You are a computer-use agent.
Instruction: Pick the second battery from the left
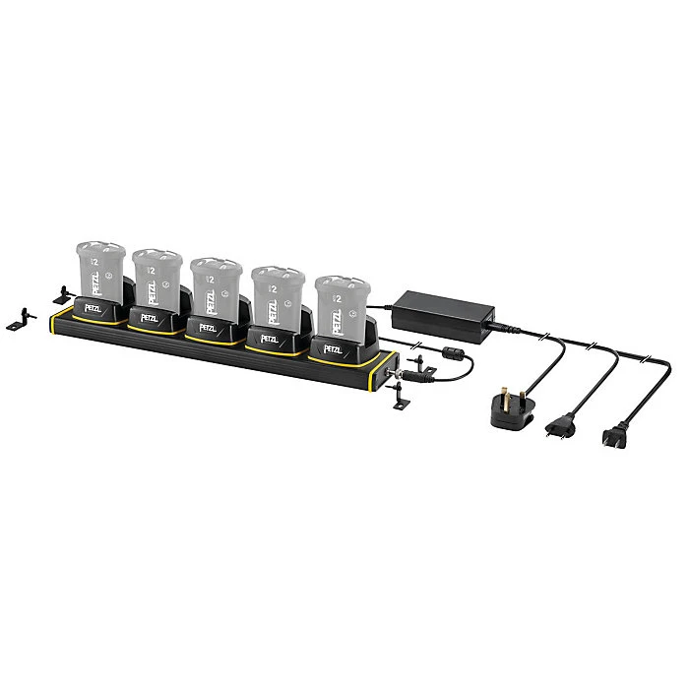click(x=157, y=278)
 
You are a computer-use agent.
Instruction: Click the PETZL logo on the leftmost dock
click(x=93, y=308)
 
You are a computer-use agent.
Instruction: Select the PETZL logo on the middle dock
click(x=208, y=329)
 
